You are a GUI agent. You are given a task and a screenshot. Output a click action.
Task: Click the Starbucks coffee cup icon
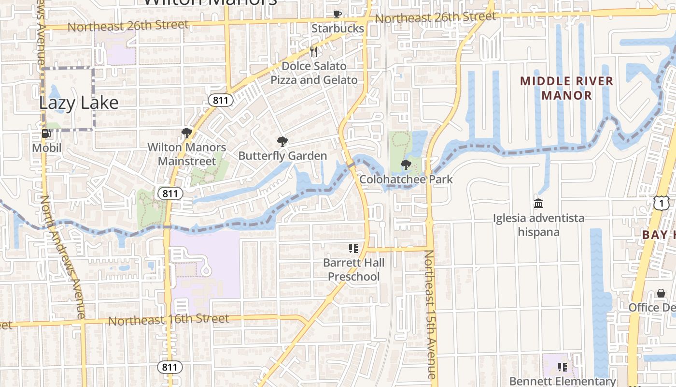coord(338,14)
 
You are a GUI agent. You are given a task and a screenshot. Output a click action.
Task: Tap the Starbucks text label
coord(338,29)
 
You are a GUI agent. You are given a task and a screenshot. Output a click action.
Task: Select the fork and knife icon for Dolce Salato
coord(314,51)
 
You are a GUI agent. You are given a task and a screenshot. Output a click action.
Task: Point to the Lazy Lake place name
coord(79,103)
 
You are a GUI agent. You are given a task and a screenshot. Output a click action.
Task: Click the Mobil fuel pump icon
coord(46,134)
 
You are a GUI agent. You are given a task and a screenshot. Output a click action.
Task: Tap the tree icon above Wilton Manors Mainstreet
coord(186,133)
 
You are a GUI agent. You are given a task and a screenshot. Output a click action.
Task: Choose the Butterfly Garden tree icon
coord(282,142)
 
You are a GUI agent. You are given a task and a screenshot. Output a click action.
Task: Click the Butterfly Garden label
coord(282,156)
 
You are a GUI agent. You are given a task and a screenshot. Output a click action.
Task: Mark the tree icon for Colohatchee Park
coord(406,165)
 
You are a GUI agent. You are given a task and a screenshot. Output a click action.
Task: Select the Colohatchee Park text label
coord(406,179)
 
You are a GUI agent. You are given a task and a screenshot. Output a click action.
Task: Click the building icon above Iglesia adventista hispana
coord(538,203)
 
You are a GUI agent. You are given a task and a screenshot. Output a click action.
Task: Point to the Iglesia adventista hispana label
coord(538,225)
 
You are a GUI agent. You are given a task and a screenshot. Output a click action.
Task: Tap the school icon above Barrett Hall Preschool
coord(353,249)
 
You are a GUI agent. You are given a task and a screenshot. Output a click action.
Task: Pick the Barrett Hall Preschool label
coord(353,269)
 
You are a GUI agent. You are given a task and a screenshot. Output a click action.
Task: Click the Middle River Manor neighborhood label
coord(566,88)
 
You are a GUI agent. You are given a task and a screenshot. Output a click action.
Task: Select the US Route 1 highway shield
coord(661,203)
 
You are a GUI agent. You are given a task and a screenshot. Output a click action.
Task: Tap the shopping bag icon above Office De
coord(661,293)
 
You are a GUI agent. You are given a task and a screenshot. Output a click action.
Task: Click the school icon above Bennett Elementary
coord(562,367)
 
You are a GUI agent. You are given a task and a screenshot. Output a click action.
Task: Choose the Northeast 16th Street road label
coord(168,319)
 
